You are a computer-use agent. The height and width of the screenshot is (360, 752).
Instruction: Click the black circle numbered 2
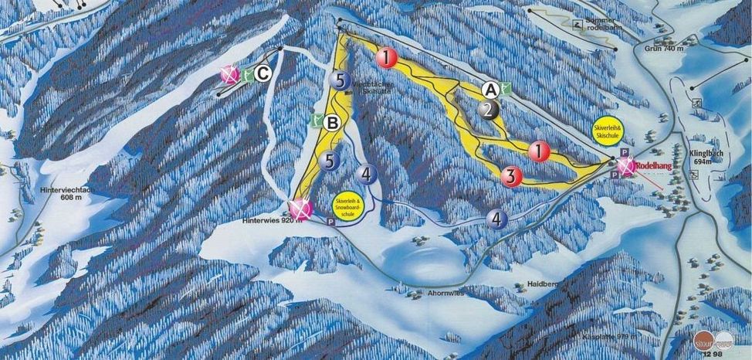(x=487, y=110)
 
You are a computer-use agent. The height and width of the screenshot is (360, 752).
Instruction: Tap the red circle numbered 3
(x=509, y=176)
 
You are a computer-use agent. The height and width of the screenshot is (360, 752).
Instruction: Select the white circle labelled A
(x=491, y=89)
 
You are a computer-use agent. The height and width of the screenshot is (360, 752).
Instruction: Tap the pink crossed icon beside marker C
(x=229, y=74)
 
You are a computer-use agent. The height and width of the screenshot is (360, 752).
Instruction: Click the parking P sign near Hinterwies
(x=331, y=221)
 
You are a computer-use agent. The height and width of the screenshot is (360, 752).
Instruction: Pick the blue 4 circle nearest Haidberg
(x=497, y=219)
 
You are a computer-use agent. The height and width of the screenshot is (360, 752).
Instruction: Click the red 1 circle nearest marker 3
(x=539, y=151)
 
